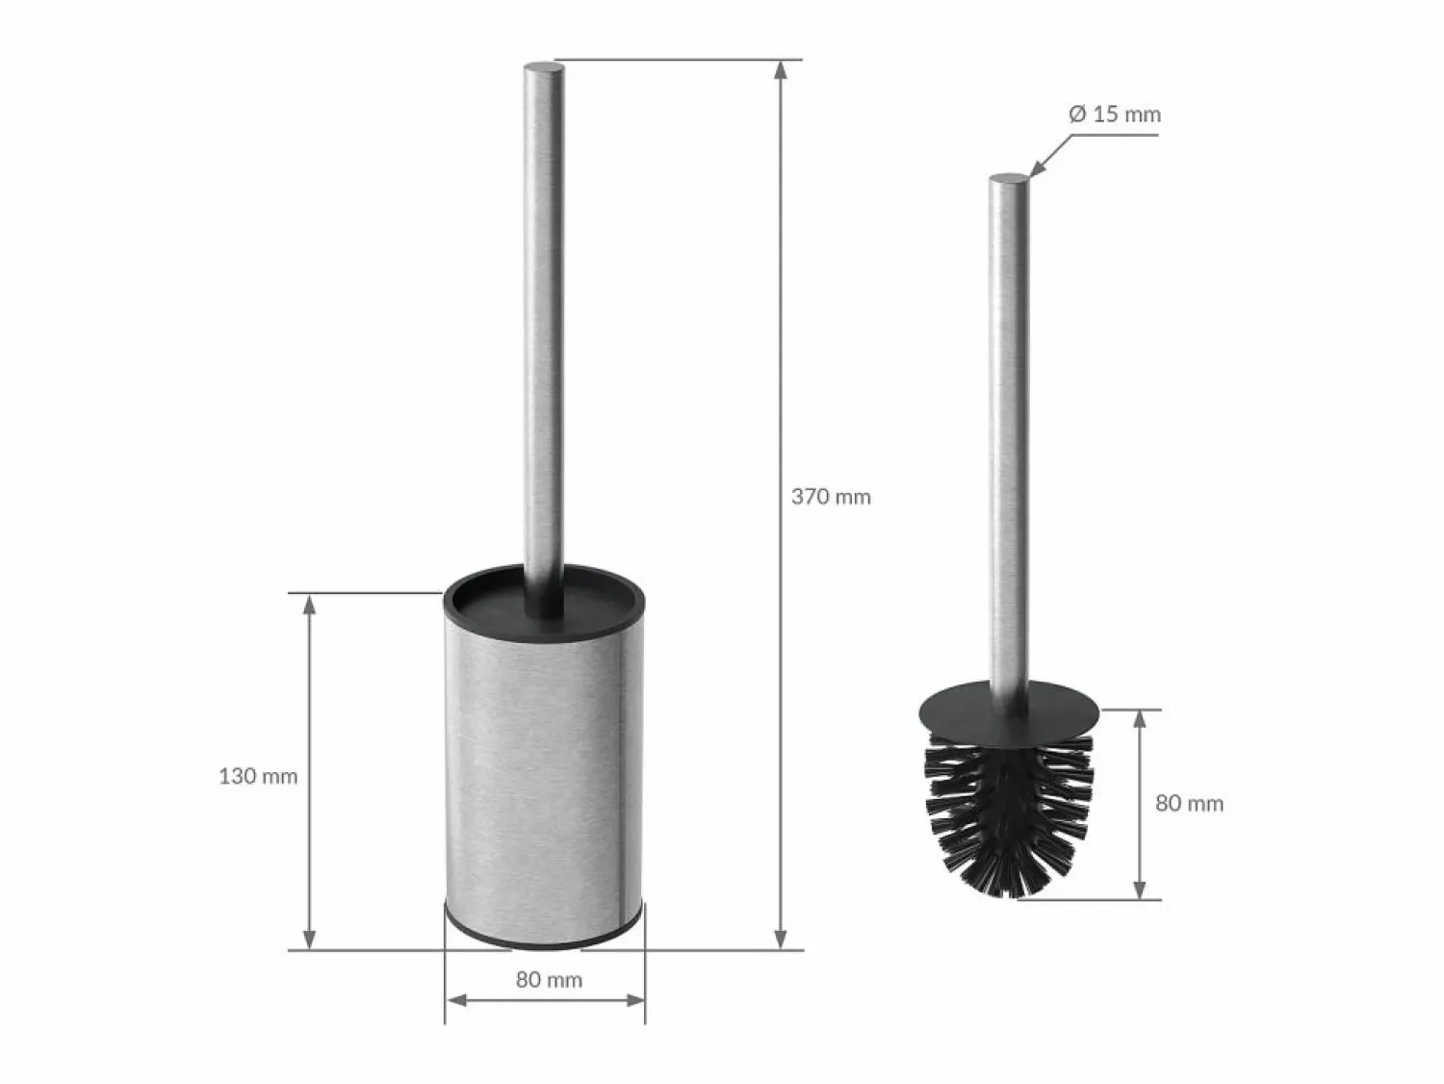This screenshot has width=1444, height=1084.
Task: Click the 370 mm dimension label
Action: [x=831, y=498]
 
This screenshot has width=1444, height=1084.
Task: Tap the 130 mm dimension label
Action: [x=258, y=777]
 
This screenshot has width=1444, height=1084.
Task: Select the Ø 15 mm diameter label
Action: [x=1115, y=115]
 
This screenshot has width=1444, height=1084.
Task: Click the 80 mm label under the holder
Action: [x=549, y=980]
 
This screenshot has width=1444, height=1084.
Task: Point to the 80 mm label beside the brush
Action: [x=1190, y=804]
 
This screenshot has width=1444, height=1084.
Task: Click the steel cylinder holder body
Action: [x=544, y=776]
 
